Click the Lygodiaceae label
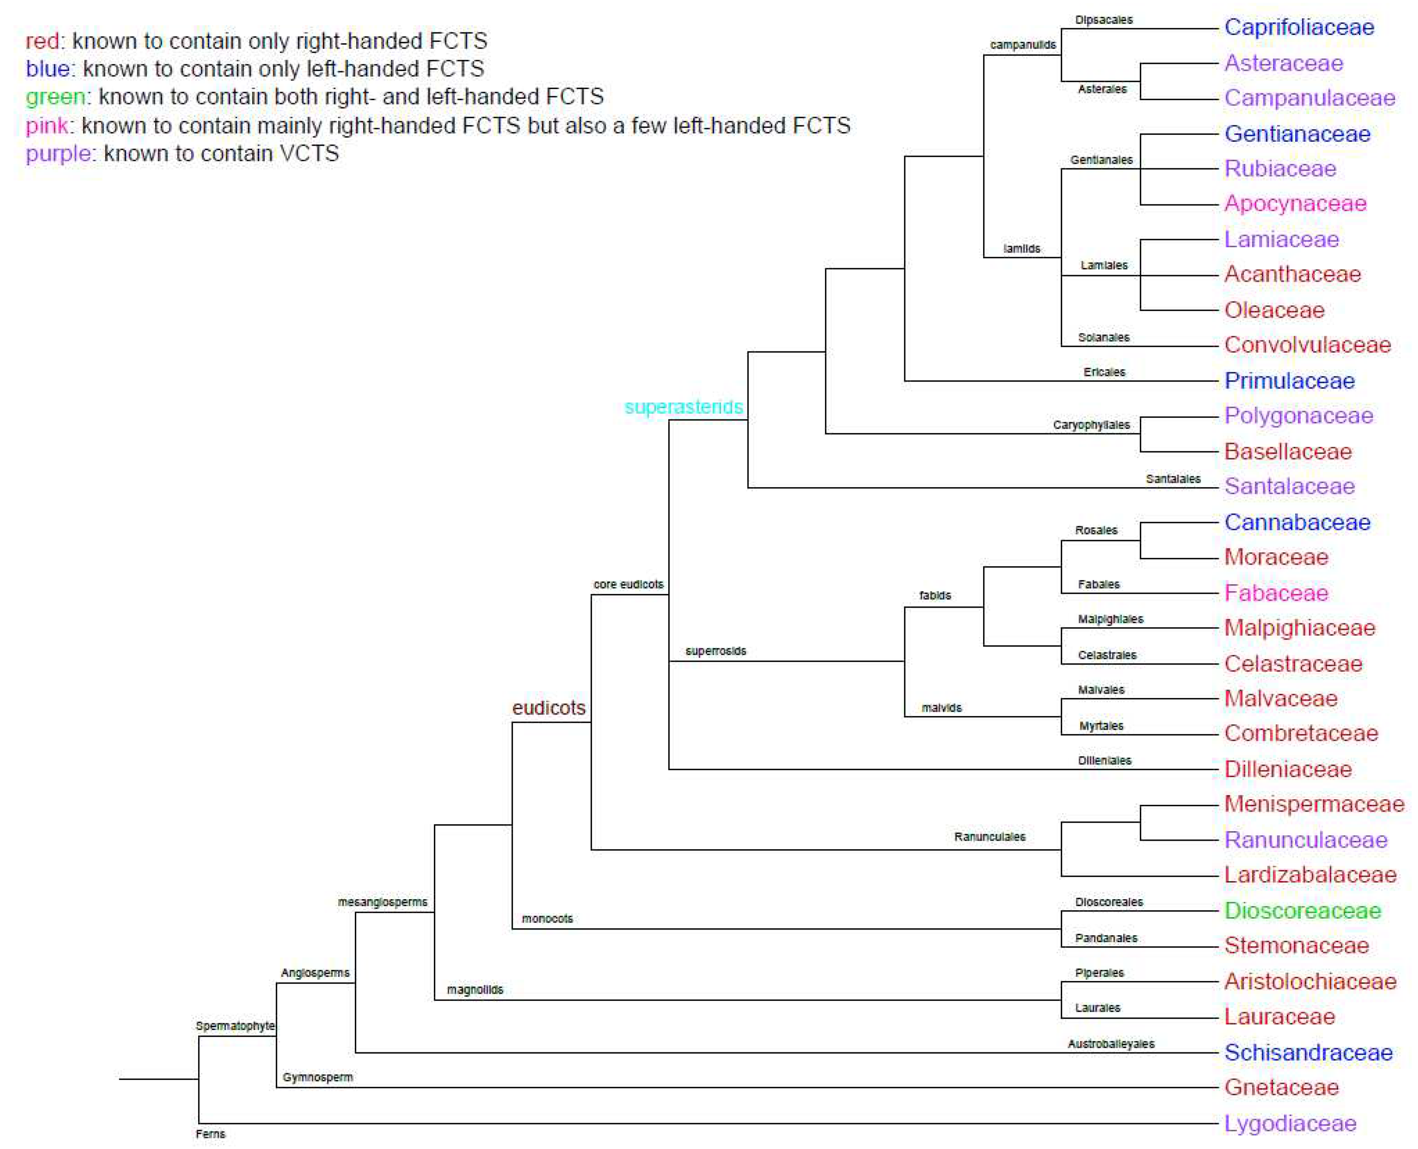(x=1290, y=1123)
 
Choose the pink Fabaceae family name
(x=1276, y=593)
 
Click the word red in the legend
(x=42, y=41)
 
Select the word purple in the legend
(x=58, y=154)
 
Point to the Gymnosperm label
(x=318, y=1077)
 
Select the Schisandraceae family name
(x=1308, y=1052)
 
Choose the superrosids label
(x=715, y=651)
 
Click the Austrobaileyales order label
(x=1110, y=1044)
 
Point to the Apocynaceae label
(x=1295, y=203)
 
